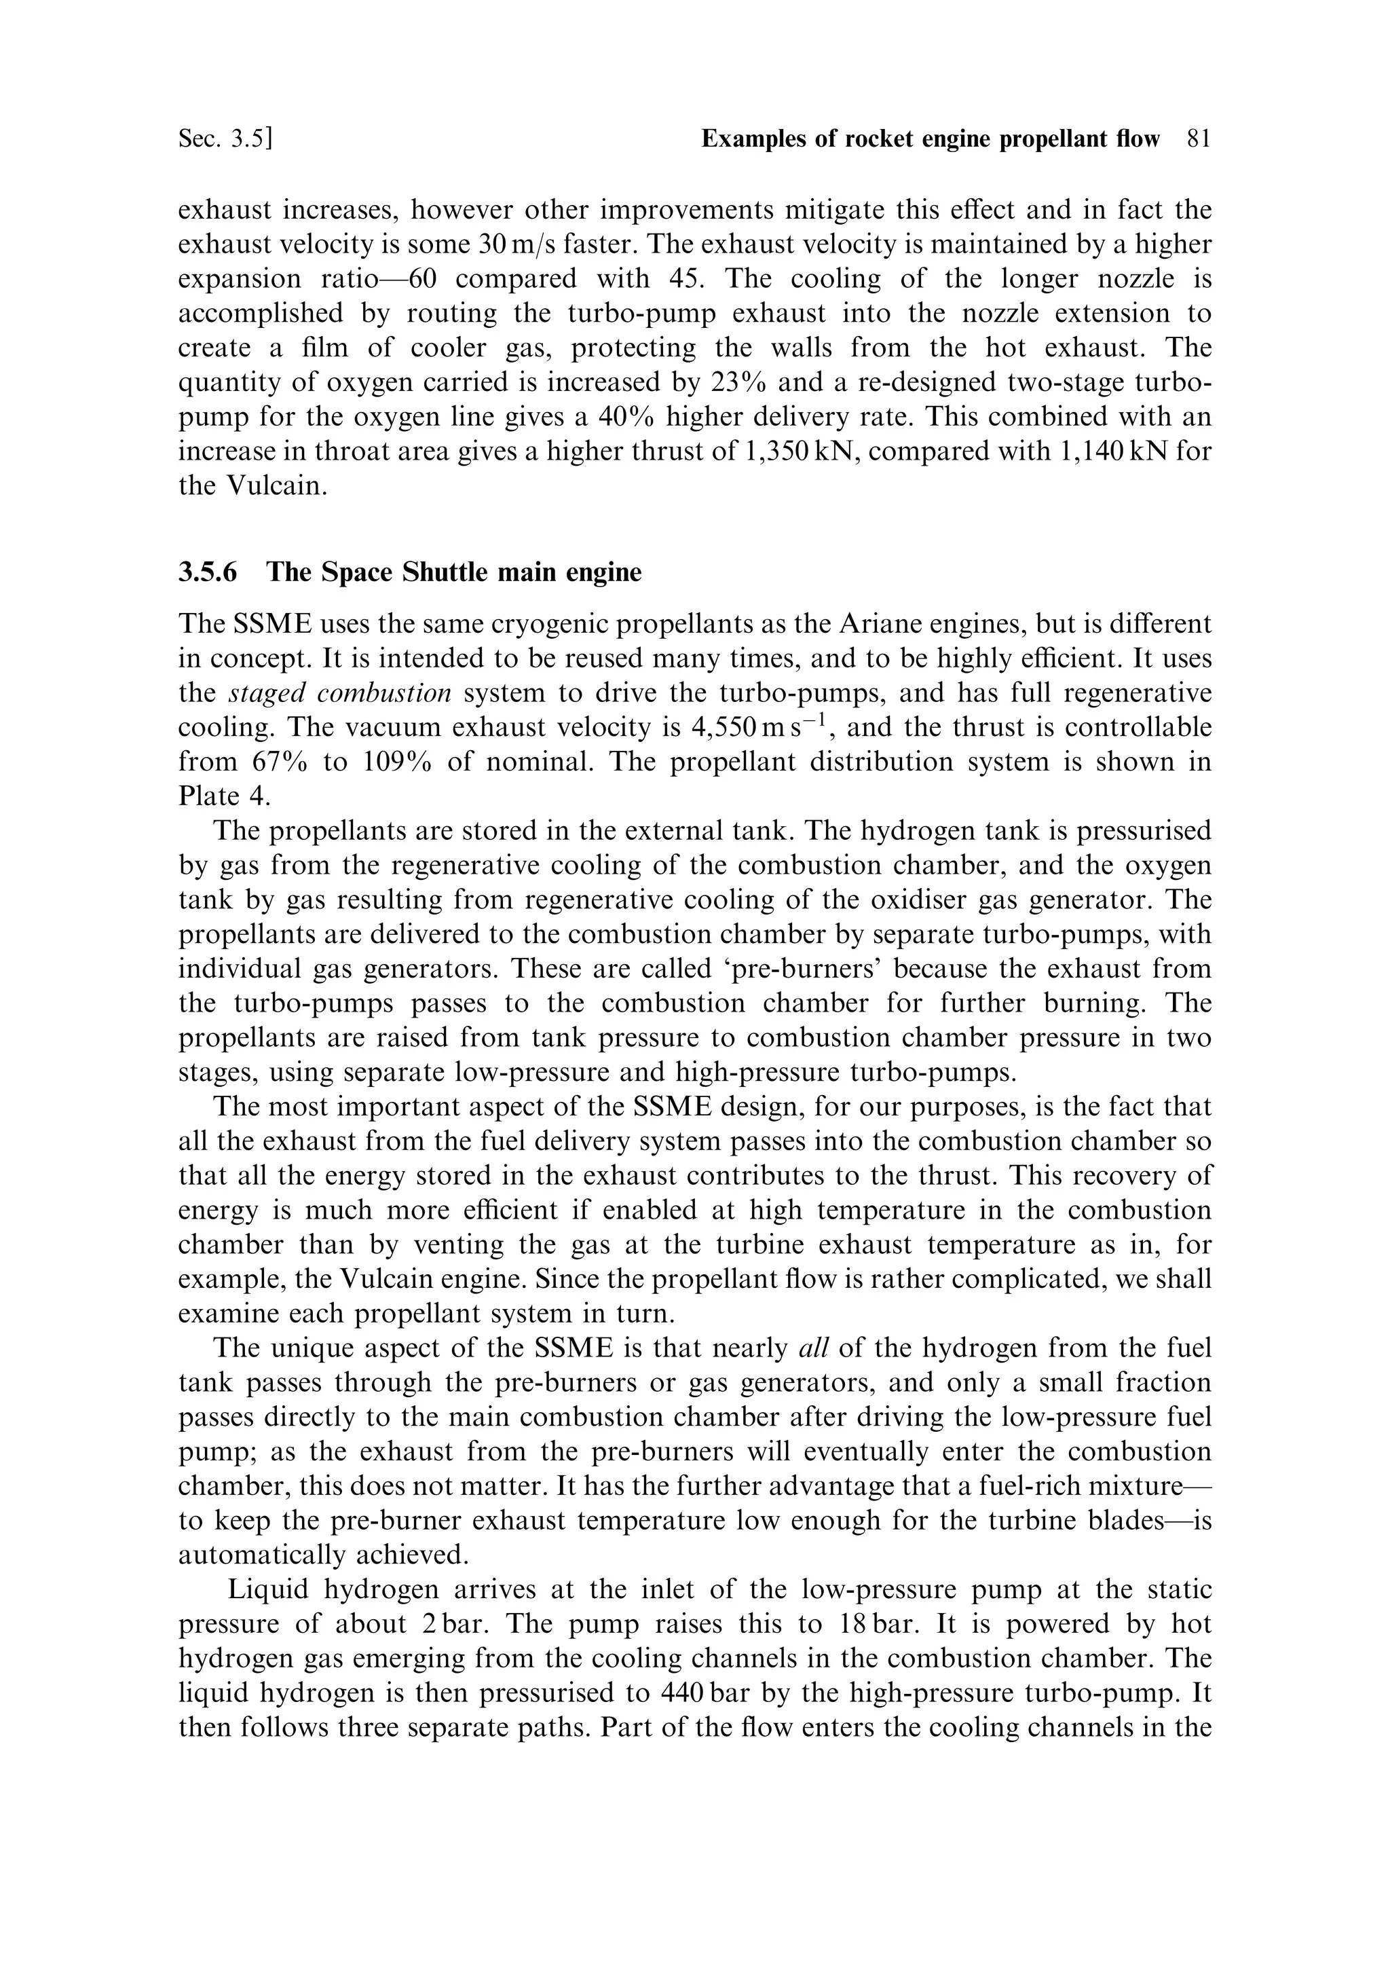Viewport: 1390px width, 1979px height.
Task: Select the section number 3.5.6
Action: (x=208, y=572)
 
